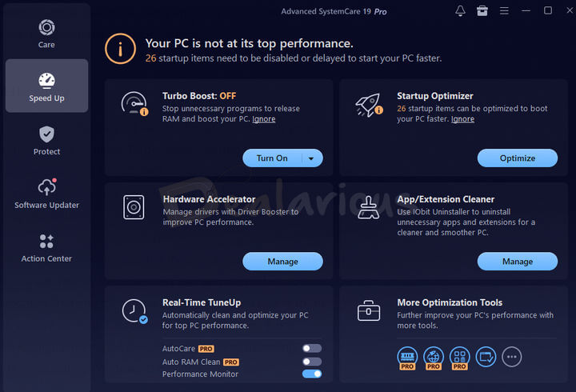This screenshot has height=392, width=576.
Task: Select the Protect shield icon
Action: pyautogui.click(x=46, y=134)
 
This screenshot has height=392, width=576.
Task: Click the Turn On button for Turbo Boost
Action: pyautogui.click(x=272, y=158)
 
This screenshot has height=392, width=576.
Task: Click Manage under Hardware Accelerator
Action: pyautogui.click(x=282, y=262)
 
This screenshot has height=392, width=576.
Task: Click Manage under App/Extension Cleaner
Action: pyautogui.click(x=518, y=262)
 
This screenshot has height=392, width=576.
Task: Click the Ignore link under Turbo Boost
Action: pyautogui.click(x=264, y=119)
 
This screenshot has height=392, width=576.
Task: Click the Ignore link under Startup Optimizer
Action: pyautogui.click(x=462, y=119)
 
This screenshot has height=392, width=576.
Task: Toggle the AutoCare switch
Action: pyautogui.click(x=312, y=349)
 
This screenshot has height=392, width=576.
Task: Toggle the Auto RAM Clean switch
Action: pyautogui.click(x=312, y=362)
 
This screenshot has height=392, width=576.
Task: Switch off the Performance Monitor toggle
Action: pyautogui.click(x=312, y=374)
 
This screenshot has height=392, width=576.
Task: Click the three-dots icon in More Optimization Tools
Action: pyautogui.click(x=512, y=357)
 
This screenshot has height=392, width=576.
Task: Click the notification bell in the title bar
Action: pyautogui.click(x=460, y=11)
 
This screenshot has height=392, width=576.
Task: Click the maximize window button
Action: pyautogui.click(x=547, y=11)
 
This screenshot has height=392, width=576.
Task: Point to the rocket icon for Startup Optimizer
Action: pyautogui.click(x=368, y=106)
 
